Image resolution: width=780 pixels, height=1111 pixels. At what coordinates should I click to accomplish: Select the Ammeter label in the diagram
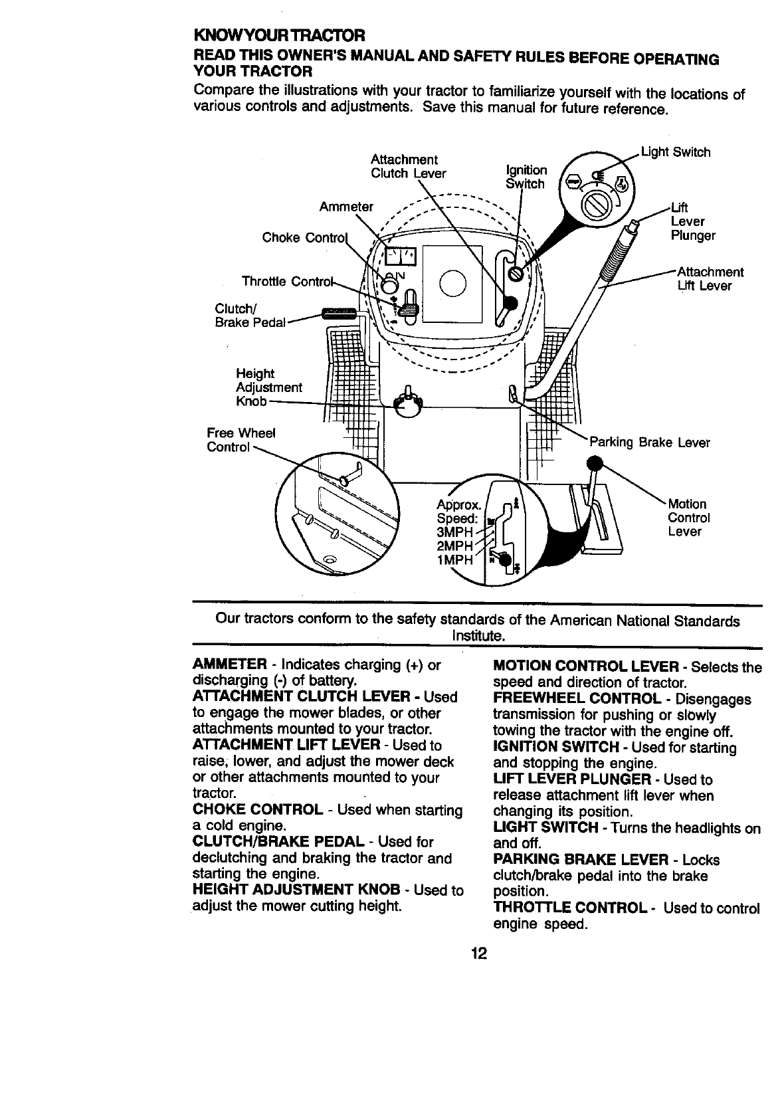[x=345, y=207]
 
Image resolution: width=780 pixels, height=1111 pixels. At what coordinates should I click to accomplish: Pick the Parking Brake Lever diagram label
[x=650, y=443]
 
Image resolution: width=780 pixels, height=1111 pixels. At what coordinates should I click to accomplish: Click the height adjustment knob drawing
[x=408, y=403]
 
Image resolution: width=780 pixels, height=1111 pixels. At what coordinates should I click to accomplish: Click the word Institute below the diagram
[x=478, y=636]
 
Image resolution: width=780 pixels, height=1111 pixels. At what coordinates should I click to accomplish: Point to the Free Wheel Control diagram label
[x=241, y=440]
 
